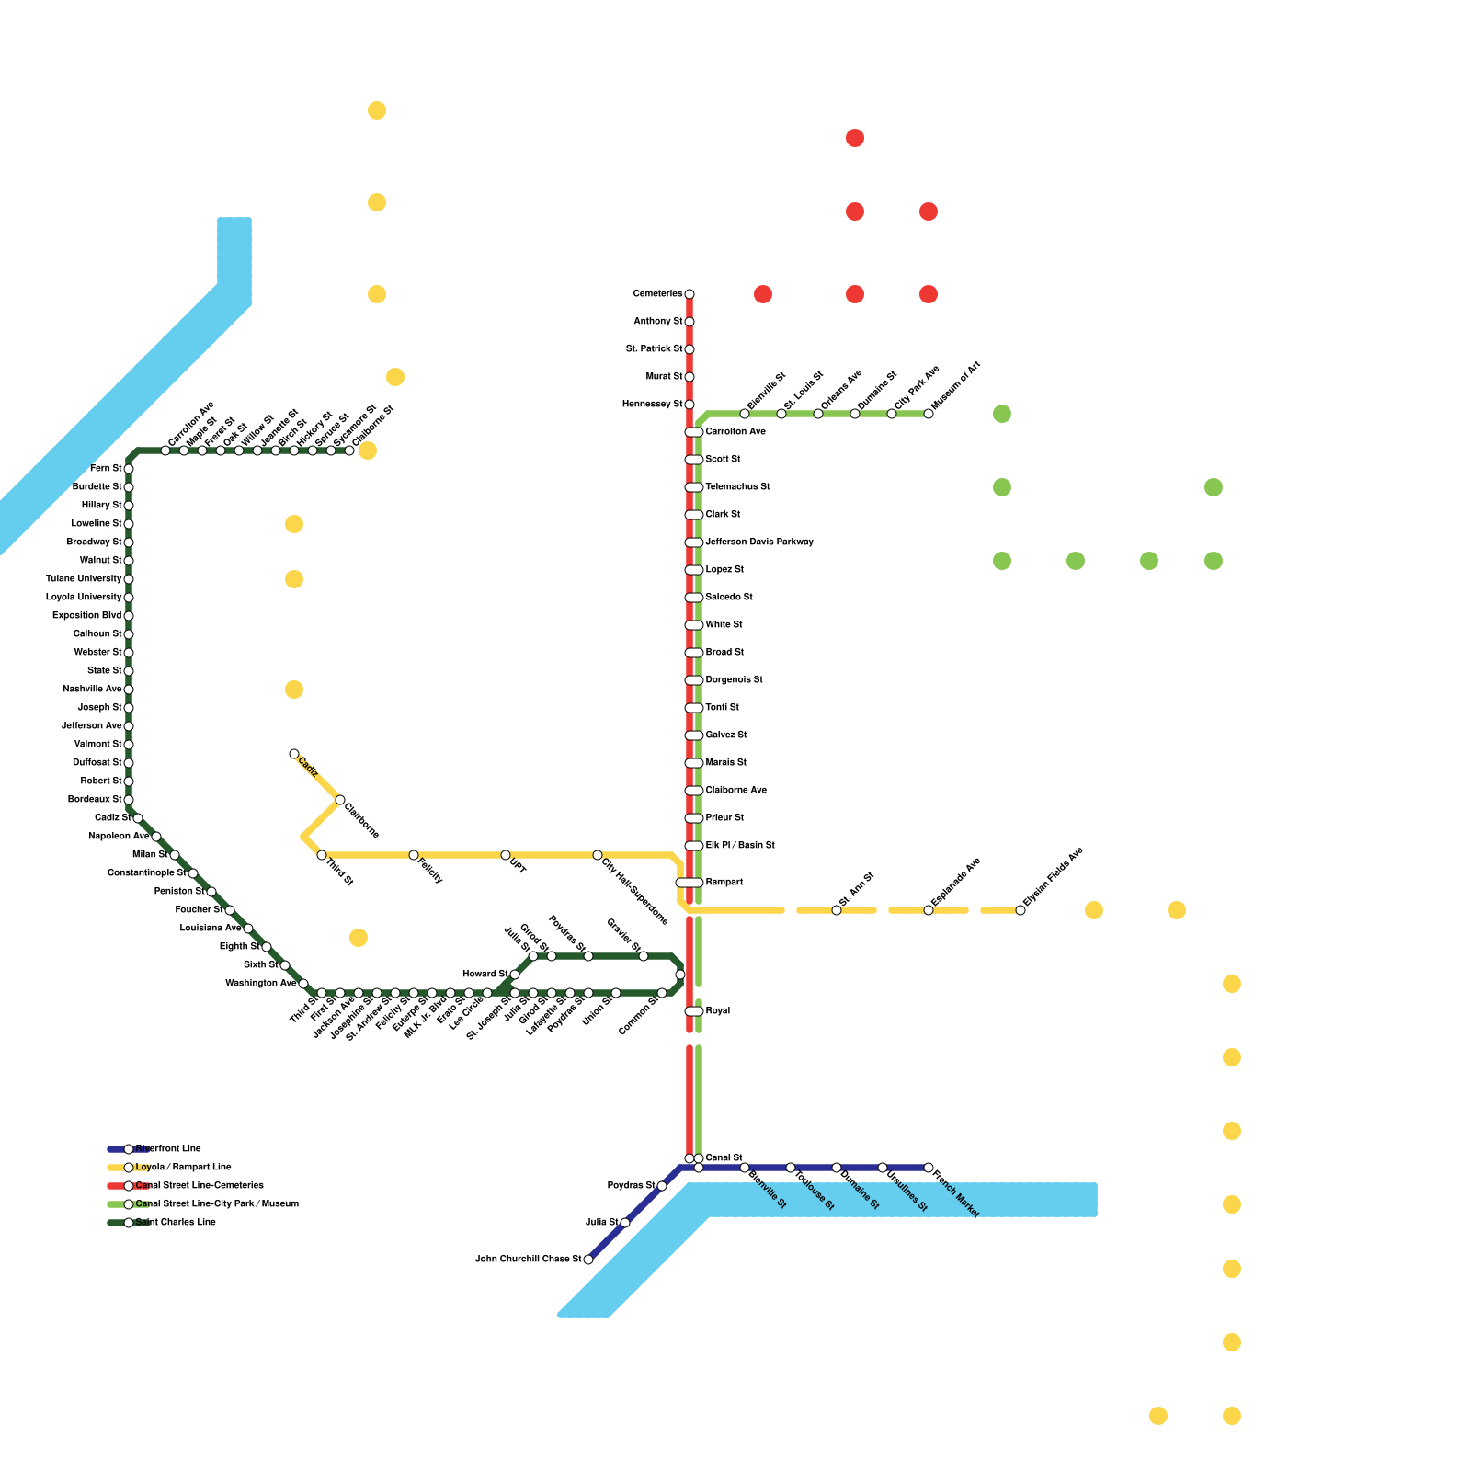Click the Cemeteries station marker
pos(690,294)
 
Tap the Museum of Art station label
pos(956,386)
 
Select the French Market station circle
pos(929,1168)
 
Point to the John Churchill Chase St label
pos(528,1260)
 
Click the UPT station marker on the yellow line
pos(506,855)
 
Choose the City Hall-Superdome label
pos(634,891)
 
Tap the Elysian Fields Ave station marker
pos(1021,910)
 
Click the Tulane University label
pos(84,579)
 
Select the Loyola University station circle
pos(129,598)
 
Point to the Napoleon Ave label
pos(119,837)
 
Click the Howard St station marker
pos(515,975)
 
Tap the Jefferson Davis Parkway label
pos(759,542)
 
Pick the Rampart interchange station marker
pos(690,883)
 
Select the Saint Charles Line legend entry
pos(175,1223)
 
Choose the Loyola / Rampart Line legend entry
pos(182,1168)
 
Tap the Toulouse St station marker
pos(791,1168)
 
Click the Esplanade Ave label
pos(956,880)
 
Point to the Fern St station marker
pos(129,469)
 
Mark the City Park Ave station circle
pos(892,414)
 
